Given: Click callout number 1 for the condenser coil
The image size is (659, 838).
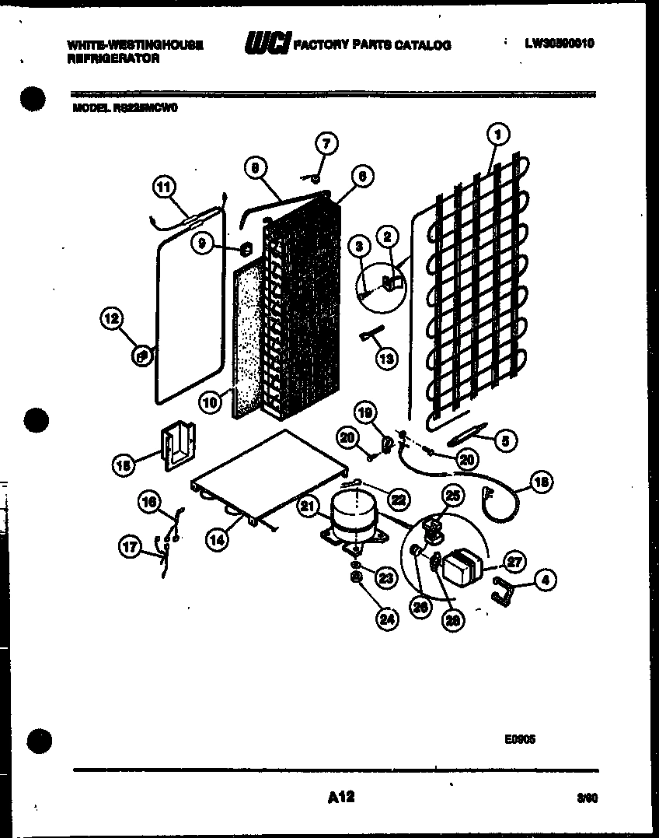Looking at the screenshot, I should [x=497, y=135].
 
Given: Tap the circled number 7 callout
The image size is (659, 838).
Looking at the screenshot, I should [x=326, y=143].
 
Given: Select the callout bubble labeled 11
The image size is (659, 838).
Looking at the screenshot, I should [x=164, y=187].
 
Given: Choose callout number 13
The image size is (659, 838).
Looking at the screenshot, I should [x=385, y=358].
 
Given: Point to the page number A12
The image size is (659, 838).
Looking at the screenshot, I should [x=336, y=797].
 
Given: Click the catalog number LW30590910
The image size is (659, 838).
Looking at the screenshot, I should [x=559, y=44].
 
